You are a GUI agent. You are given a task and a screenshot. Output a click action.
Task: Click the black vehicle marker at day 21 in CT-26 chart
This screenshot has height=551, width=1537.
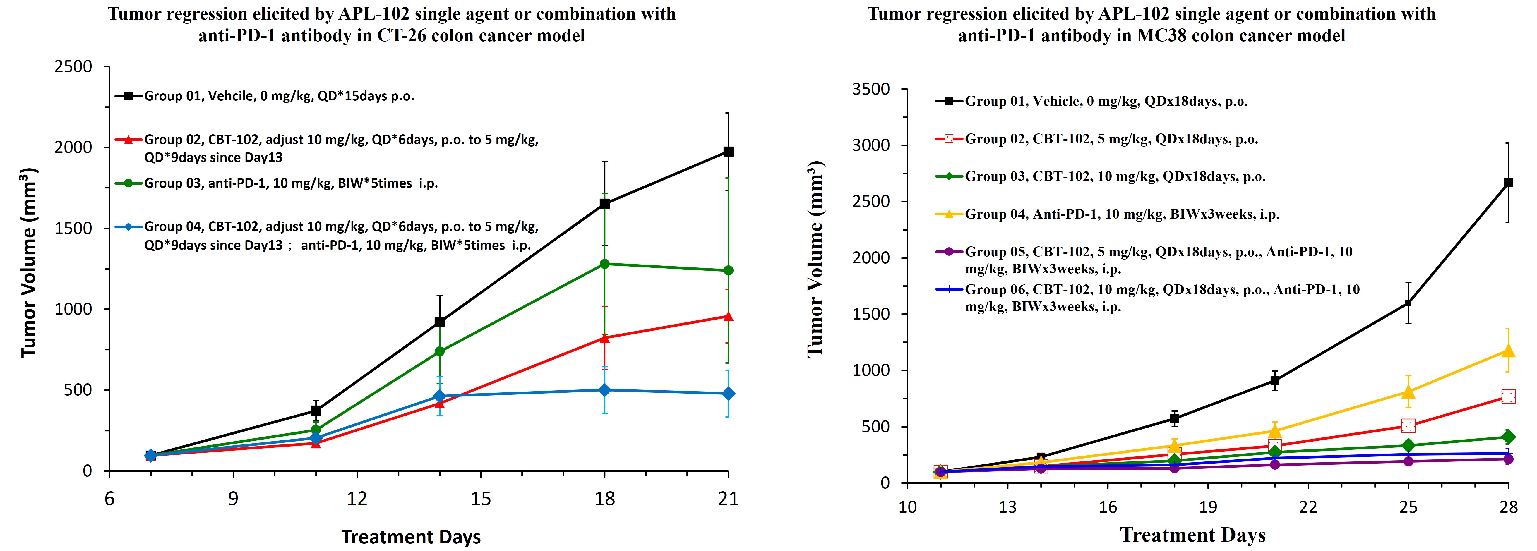click(728, 152)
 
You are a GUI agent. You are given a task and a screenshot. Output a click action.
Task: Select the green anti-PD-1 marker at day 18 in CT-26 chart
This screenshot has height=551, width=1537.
click(604, 264)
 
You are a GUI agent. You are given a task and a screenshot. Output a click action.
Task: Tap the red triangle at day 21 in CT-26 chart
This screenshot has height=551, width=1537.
click(728, 316)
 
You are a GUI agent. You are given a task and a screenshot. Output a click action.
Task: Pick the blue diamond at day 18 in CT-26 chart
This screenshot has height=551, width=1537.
click(604, 390)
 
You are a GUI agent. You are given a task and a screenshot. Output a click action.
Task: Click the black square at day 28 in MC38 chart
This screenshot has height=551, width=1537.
click(1508, 183)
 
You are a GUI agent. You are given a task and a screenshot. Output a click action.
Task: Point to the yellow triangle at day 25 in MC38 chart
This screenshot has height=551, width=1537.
click(1408, 392)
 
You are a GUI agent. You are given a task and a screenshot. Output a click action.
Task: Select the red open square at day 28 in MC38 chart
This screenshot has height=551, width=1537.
click(1508, 396)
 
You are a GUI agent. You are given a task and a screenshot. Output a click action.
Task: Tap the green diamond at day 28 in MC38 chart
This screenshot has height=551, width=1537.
click(1508, 437)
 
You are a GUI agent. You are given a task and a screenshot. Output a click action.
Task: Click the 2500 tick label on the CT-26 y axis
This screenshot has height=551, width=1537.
click(73, 67)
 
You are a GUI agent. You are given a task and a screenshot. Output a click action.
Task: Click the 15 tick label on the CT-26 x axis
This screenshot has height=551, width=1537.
click(481, 499)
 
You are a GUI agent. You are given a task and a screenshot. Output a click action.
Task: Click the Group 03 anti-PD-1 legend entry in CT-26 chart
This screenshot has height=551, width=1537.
click(291, 183)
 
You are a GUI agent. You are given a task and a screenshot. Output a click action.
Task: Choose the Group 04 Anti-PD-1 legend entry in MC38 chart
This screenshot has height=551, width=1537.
click(1122, 214)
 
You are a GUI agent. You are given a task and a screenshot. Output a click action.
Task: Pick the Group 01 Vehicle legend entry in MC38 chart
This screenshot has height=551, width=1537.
click(1106, 101)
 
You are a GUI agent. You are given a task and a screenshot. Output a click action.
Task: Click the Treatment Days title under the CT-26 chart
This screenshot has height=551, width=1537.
click(411, 537)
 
